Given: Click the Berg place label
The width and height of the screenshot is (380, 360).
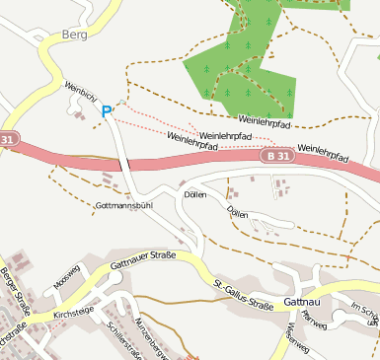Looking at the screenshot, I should pos(73,35).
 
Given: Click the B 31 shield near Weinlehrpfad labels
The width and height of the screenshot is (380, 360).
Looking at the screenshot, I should pos(277,156).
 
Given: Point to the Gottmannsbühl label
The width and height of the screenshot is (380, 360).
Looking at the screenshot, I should pos(124,205).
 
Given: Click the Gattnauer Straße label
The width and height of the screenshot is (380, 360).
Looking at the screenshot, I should pos(143,259).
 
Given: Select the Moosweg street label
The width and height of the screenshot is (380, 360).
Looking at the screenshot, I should pos(66,279).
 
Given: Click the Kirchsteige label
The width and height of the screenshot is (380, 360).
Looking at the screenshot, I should pos(73,311).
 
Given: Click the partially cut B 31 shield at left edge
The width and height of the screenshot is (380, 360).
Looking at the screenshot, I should pos(8,139).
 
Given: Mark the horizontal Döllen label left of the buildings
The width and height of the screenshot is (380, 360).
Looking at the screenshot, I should pos(195,194).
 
